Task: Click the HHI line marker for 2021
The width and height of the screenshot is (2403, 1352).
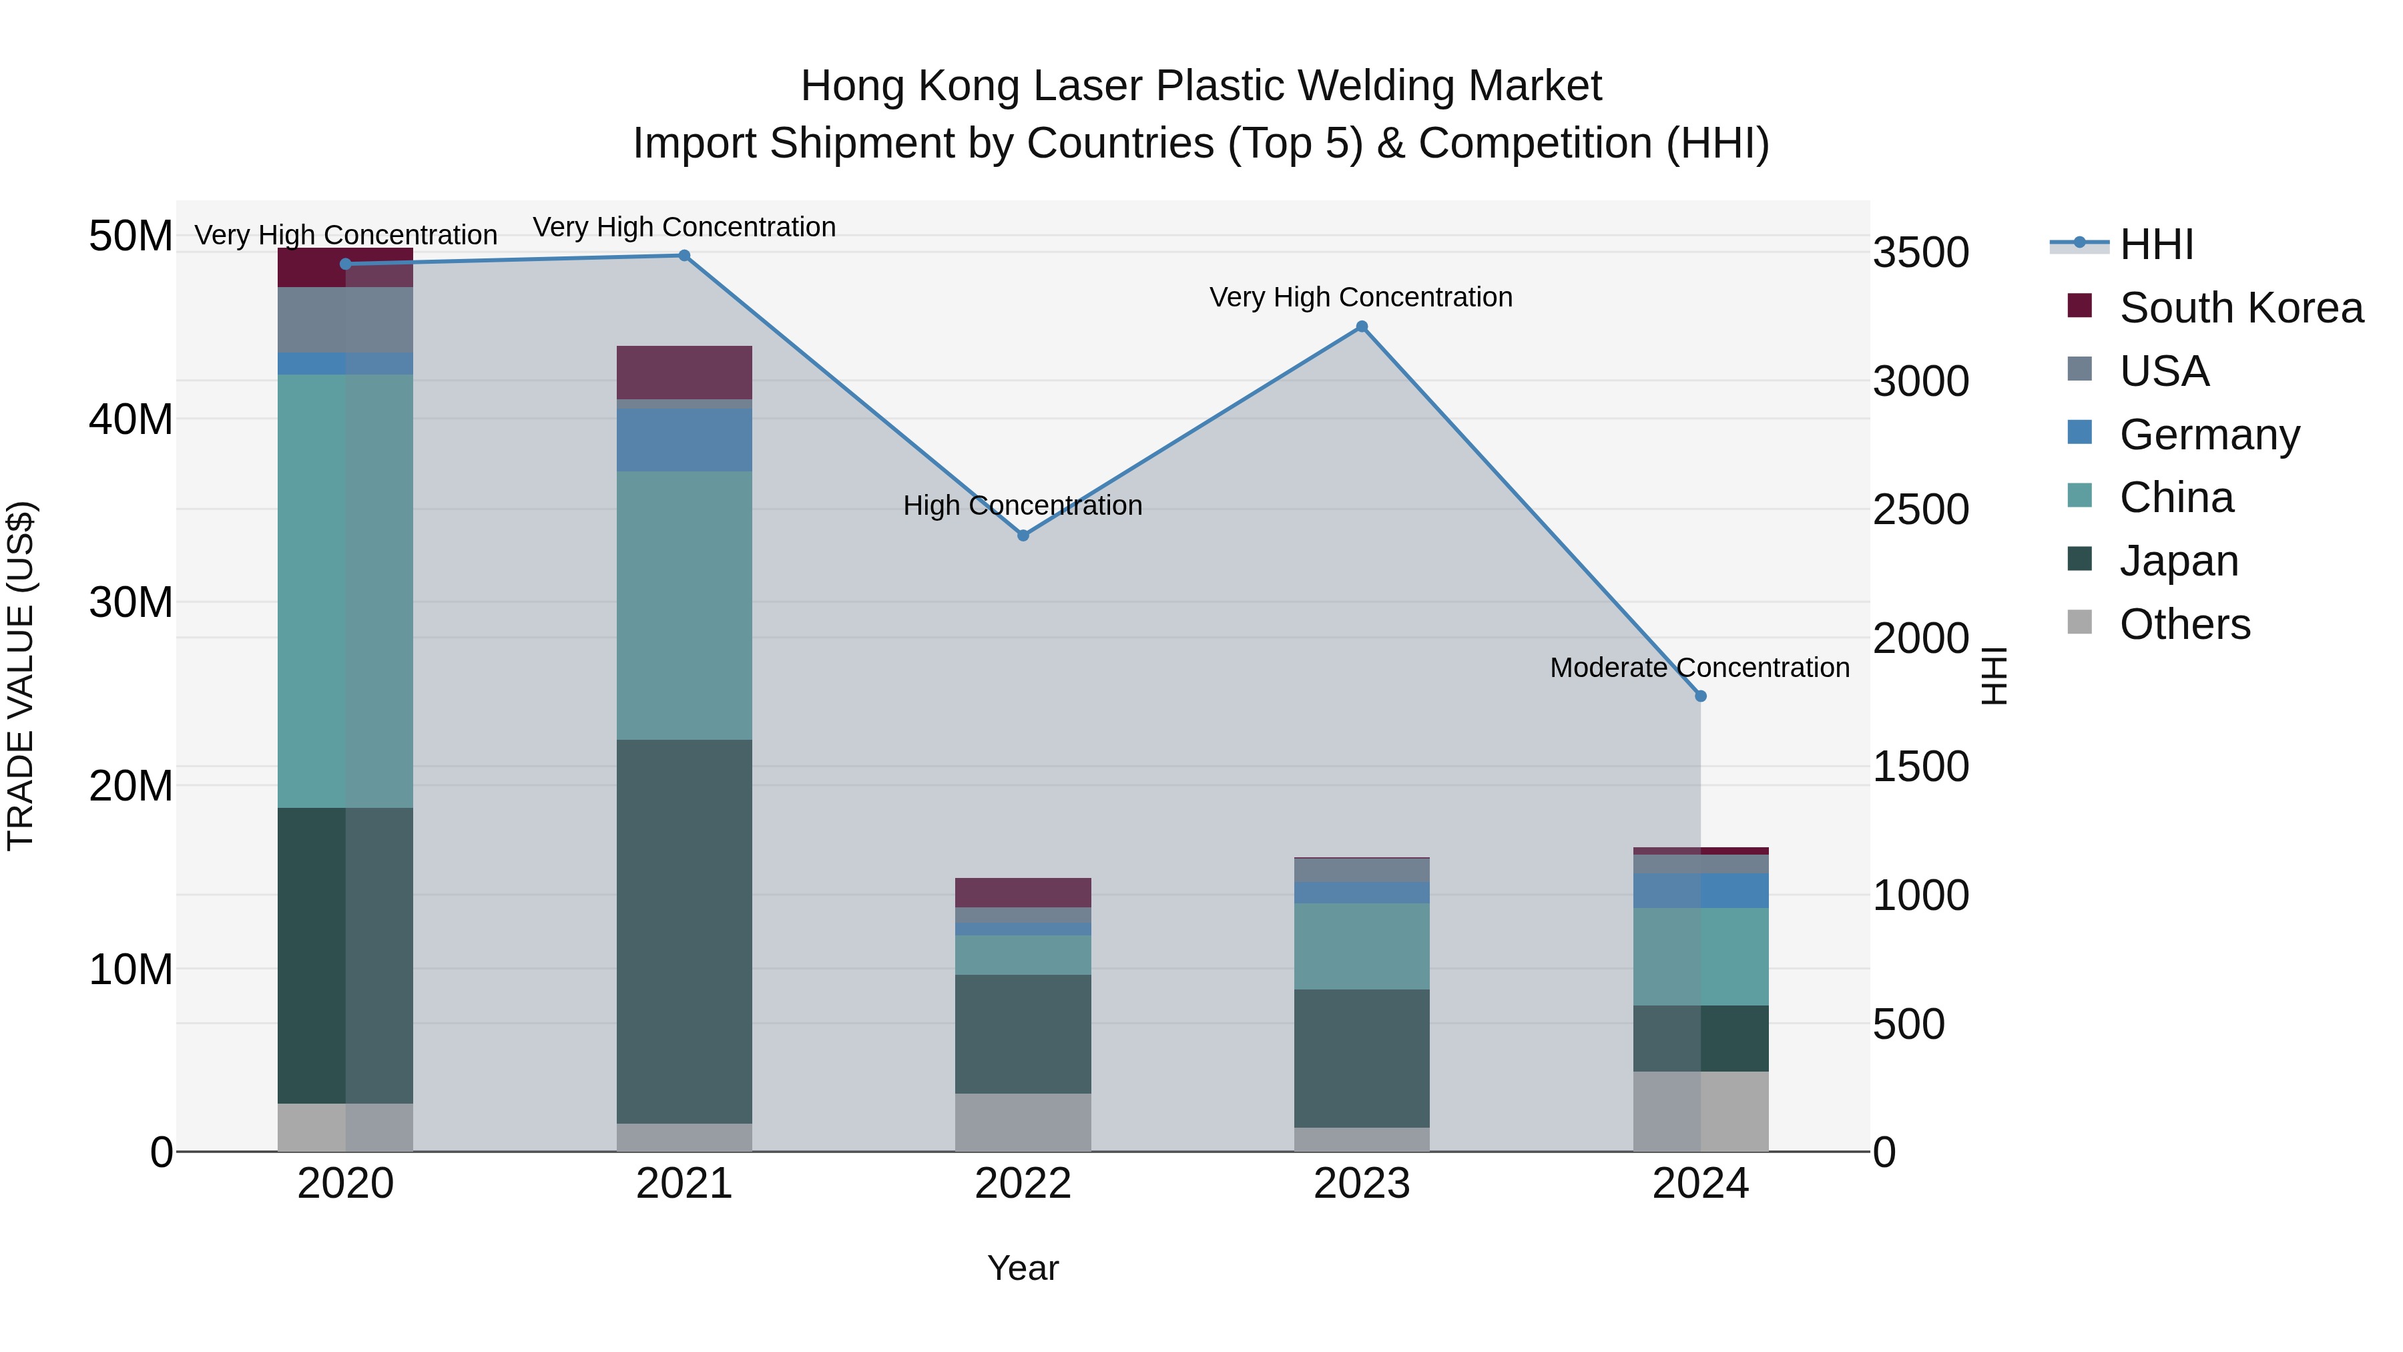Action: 684,256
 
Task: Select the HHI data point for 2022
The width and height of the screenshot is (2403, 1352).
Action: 1023,535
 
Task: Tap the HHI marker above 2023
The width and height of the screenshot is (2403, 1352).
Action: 1361,326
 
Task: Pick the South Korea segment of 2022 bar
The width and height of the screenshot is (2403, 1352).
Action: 1023,893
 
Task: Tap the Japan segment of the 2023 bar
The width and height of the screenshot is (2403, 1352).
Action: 1361,1058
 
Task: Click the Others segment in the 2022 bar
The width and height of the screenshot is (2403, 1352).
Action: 1023,1122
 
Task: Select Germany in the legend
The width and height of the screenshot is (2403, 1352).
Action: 2208,435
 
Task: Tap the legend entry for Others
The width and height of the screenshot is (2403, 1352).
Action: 2184,624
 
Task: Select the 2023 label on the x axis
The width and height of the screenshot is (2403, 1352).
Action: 1361,1184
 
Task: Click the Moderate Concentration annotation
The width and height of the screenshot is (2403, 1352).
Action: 1699,668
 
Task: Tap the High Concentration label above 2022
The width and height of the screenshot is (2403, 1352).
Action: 1023,505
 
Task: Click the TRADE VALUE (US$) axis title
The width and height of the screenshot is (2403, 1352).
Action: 21,676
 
